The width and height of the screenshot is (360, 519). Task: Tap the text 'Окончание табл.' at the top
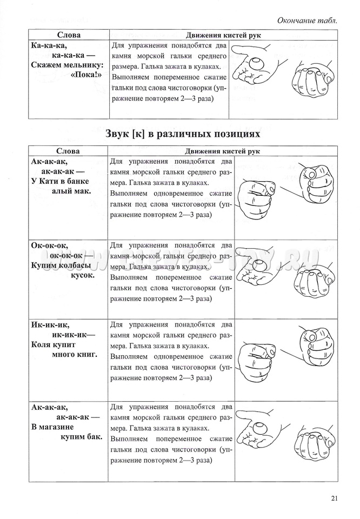(x=307, y=20)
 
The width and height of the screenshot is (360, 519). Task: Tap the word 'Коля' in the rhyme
(x=42, y=345)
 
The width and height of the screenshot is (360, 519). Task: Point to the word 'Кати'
(x=51, y=181)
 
